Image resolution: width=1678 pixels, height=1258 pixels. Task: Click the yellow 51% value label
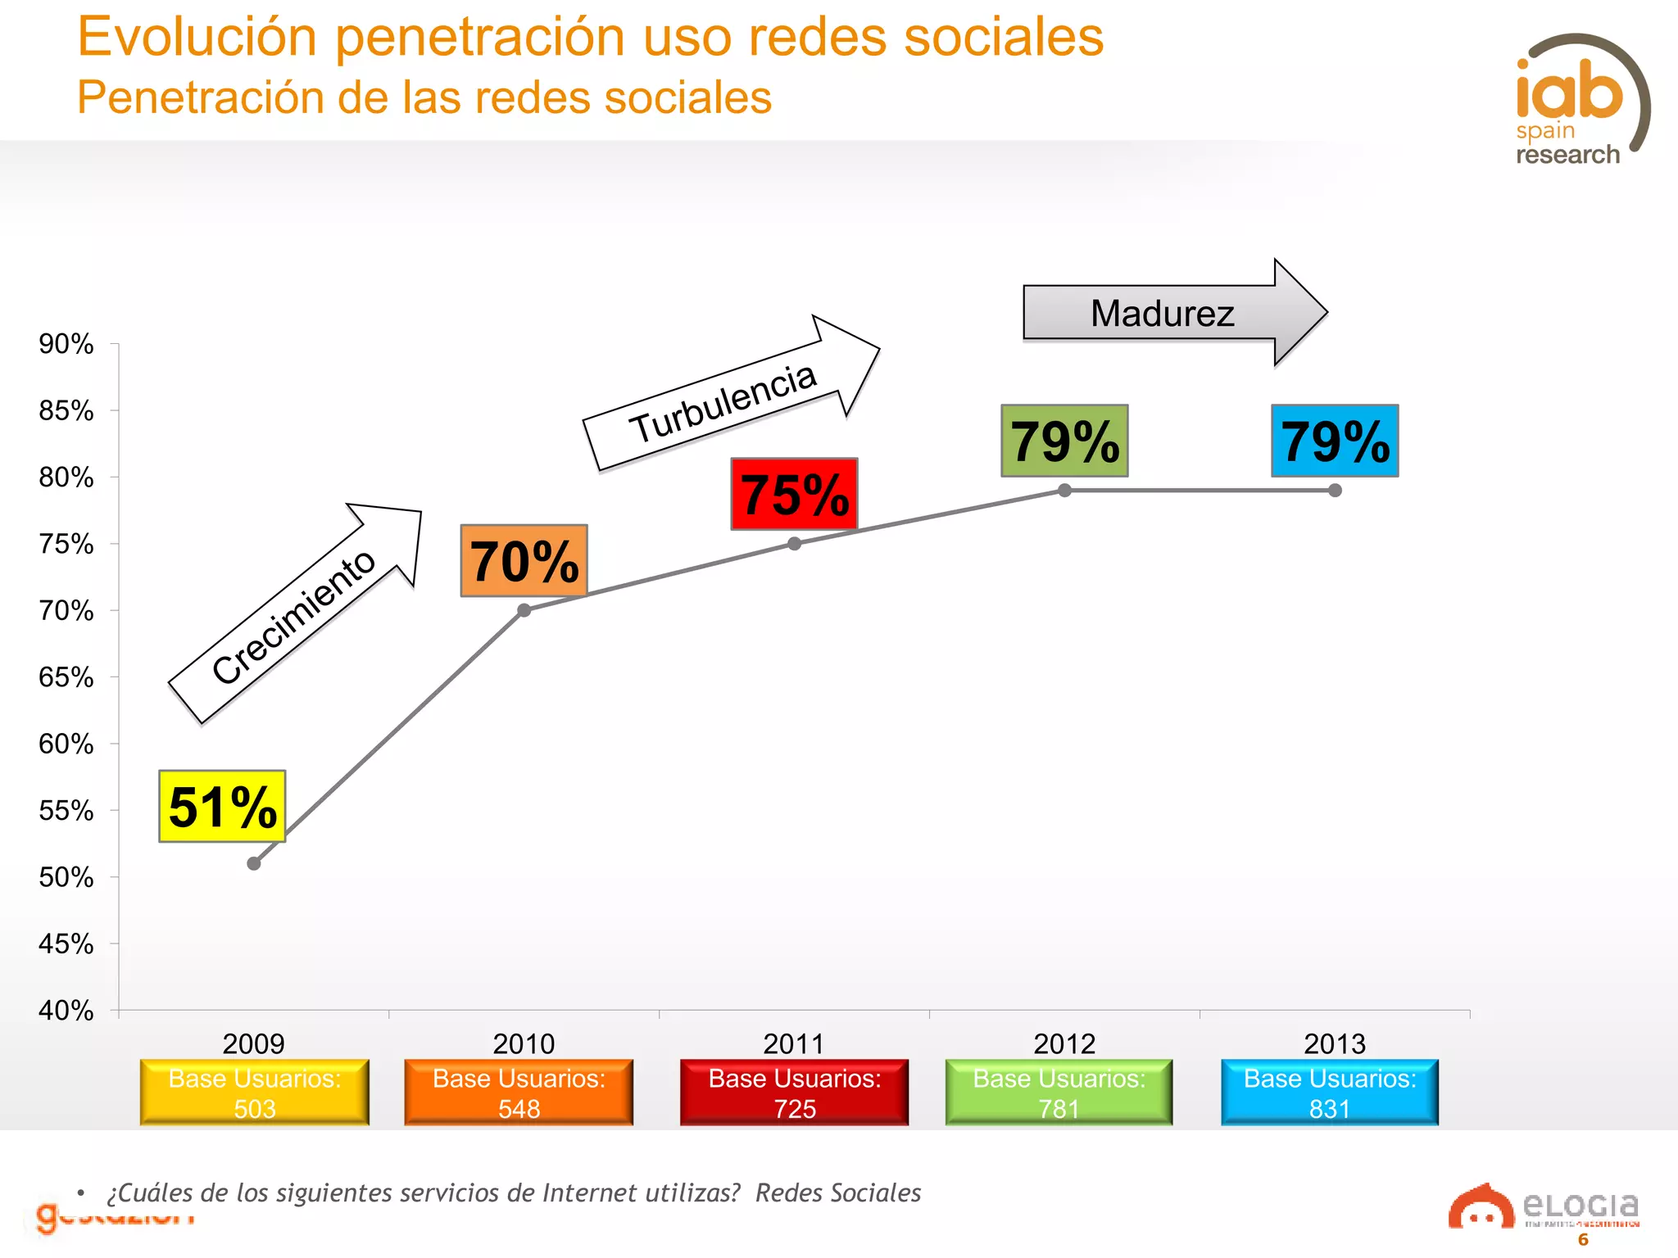222,806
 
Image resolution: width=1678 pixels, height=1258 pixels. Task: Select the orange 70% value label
524,561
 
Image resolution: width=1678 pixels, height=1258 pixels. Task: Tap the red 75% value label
794,494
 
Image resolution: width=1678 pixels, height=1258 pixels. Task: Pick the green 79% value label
1064,441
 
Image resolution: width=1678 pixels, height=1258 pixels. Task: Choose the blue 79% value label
1335,441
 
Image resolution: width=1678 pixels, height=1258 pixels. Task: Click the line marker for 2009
254,863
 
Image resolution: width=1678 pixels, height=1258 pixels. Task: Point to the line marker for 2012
1064,491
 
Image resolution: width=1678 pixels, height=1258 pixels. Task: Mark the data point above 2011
794,544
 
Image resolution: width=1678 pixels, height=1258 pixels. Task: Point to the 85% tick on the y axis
66,410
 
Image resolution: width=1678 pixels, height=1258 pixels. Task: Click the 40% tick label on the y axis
66,1011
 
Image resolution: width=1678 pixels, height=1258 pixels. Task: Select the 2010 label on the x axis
524,1043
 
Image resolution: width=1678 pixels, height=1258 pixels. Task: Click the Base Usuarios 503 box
255,1093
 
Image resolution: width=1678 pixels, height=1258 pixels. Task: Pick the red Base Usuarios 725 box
794,1093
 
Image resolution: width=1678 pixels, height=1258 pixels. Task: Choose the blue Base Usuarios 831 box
1329,1093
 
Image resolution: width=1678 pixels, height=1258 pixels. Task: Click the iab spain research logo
1577,102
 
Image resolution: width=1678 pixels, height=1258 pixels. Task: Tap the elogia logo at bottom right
1544,1208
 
